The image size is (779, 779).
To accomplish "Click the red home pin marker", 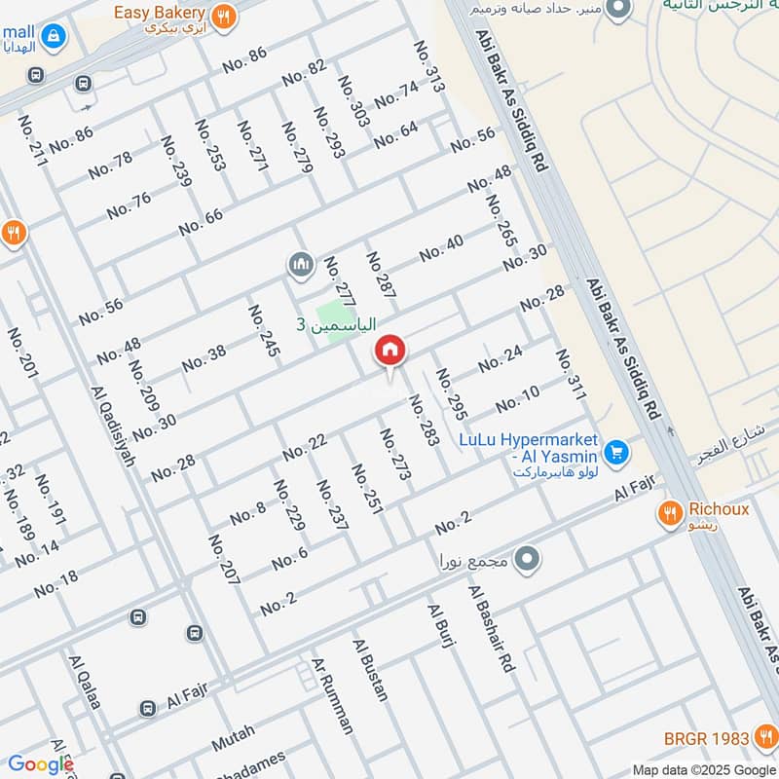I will click(389, 352).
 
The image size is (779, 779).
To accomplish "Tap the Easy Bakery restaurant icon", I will click(225, 14).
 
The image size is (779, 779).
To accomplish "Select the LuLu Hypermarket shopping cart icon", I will click(614, 453).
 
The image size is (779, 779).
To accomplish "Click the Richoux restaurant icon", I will click(670, 514).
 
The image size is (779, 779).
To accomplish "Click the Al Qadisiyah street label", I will click(113, 426).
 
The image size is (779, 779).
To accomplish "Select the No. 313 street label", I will click(428, 67).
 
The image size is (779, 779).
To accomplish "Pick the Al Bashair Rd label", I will click(490, 629).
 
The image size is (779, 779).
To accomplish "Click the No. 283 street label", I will click(423, 420).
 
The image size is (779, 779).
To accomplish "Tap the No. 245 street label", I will click(264, 331).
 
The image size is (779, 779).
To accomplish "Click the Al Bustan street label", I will click(371, 670).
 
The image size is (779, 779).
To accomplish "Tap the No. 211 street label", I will click(31, 140).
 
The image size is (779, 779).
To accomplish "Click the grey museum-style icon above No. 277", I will click(299, 264).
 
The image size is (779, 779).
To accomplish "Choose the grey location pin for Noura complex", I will click(527, 559).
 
